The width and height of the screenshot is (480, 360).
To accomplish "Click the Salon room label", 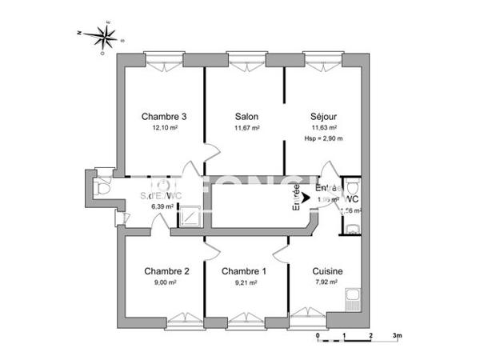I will click(246, 117).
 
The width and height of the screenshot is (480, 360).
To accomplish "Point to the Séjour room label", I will click(324, 117).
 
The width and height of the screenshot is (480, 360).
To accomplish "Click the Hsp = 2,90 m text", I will click(324, 138).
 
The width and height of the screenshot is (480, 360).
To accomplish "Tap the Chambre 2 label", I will click(166, 271).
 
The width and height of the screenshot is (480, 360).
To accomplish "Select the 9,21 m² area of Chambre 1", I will click(246, 282).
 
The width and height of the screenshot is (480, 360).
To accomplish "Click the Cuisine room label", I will click(328, 271).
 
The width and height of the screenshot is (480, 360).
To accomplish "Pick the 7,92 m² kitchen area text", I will click(328, 282).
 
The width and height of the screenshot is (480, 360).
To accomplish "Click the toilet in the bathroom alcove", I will click(101, 189).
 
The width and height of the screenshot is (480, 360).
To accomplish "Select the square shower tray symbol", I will click(190, 217).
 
